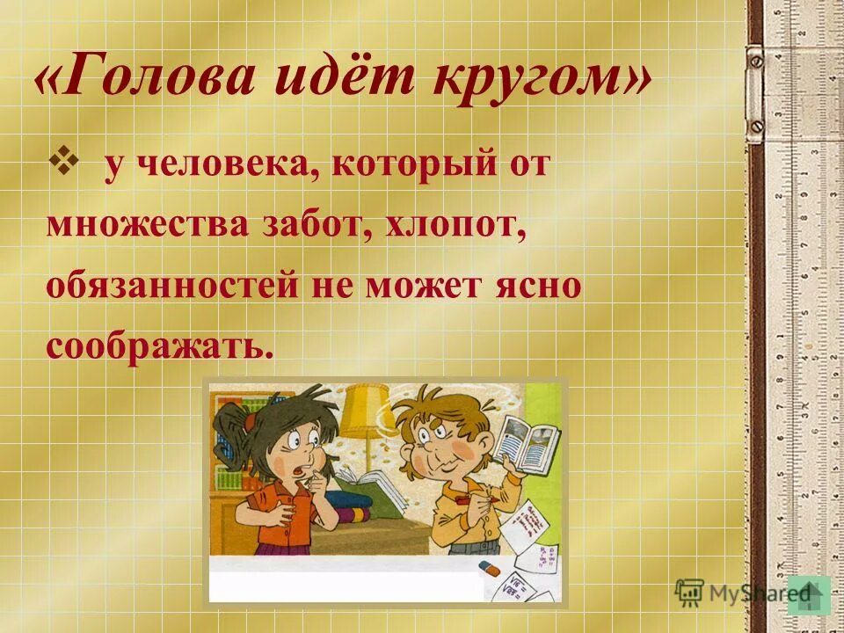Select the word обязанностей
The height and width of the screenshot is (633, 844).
point(167,287)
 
